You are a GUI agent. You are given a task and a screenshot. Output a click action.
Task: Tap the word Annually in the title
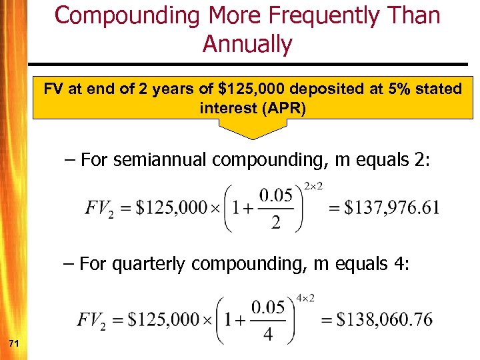(x=247, y=44)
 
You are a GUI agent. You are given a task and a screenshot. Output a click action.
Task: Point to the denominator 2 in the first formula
(x=275, y=222)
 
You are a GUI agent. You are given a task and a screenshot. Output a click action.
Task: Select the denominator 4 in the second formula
(x=267, y=333)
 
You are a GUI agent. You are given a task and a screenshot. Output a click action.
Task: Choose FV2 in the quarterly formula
(x=93, y=320)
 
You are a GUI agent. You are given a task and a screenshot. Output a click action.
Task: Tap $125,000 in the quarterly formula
(x=163, y=319)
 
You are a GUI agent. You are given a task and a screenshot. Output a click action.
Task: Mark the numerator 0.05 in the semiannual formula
(x=275, y=196)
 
